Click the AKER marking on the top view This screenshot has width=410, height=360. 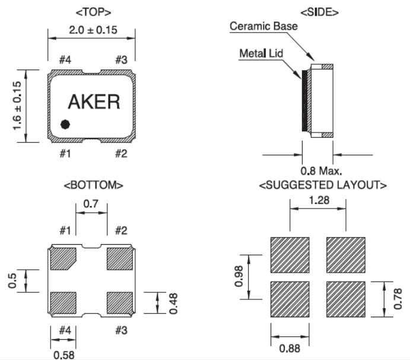94,102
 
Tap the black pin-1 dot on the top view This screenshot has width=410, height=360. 65,124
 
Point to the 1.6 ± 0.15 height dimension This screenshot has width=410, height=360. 17,107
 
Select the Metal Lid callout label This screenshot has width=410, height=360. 261,53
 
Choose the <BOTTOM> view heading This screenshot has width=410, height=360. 93,185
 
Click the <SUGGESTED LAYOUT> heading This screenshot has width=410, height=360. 323,185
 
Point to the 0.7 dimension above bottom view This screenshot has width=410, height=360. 91,204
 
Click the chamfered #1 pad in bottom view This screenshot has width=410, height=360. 63,258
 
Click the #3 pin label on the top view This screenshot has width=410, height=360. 121,59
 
